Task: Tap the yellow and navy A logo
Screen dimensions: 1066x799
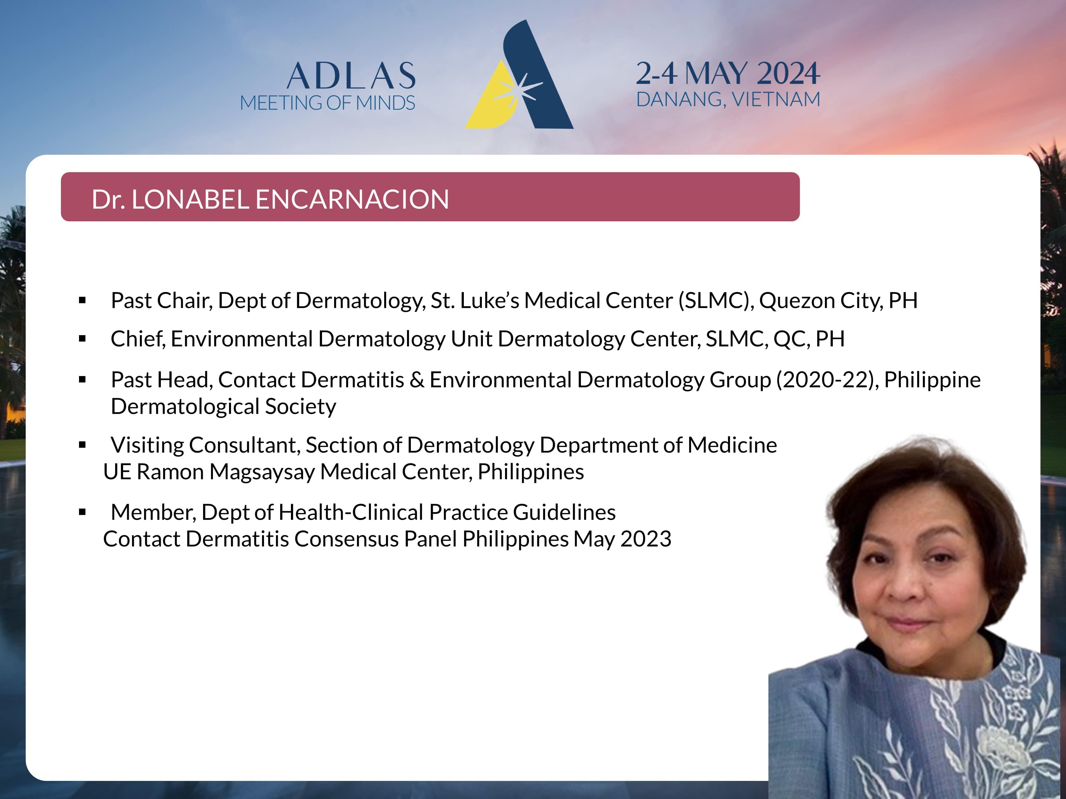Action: pyautogui.click(x=519, y=75)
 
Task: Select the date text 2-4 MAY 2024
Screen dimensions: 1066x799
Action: pyautogui.click(x=728, y=73)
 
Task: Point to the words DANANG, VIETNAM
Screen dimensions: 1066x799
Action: pyautogui.click(x=728, y=100)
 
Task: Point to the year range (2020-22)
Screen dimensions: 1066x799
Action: pyautogui.click(x=827, y=380)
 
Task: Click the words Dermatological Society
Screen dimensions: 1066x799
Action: pyautogui.click(x=224, y=406)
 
